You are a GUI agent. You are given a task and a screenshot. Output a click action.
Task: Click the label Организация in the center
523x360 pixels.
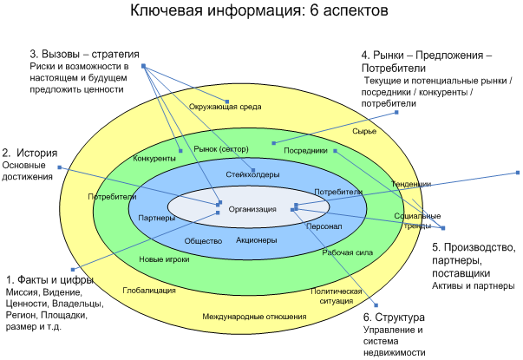(252, 209)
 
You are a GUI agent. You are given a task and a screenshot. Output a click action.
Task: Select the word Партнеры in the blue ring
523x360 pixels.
(157, 218)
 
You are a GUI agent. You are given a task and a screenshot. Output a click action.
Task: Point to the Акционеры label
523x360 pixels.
(256, 239)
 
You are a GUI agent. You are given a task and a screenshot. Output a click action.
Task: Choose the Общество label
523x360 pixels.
(204, 240)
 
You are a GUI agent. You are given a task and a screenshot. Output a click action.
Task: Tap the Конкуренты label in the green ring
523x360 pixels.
(155, 159)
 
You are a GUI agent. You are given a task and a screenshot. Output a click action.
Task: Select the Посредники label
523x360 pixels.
(305, 150)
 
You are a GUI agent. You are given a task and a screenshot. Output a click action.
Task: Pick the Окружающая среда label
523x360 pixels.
(226, 107)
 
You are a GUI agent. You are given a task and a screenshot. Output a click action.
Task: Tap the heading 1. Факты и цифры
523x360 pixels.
(49, 280)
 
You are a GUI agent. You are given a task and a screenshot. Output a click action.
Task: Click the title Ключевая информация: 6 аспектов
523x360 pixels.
(260, 12)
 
